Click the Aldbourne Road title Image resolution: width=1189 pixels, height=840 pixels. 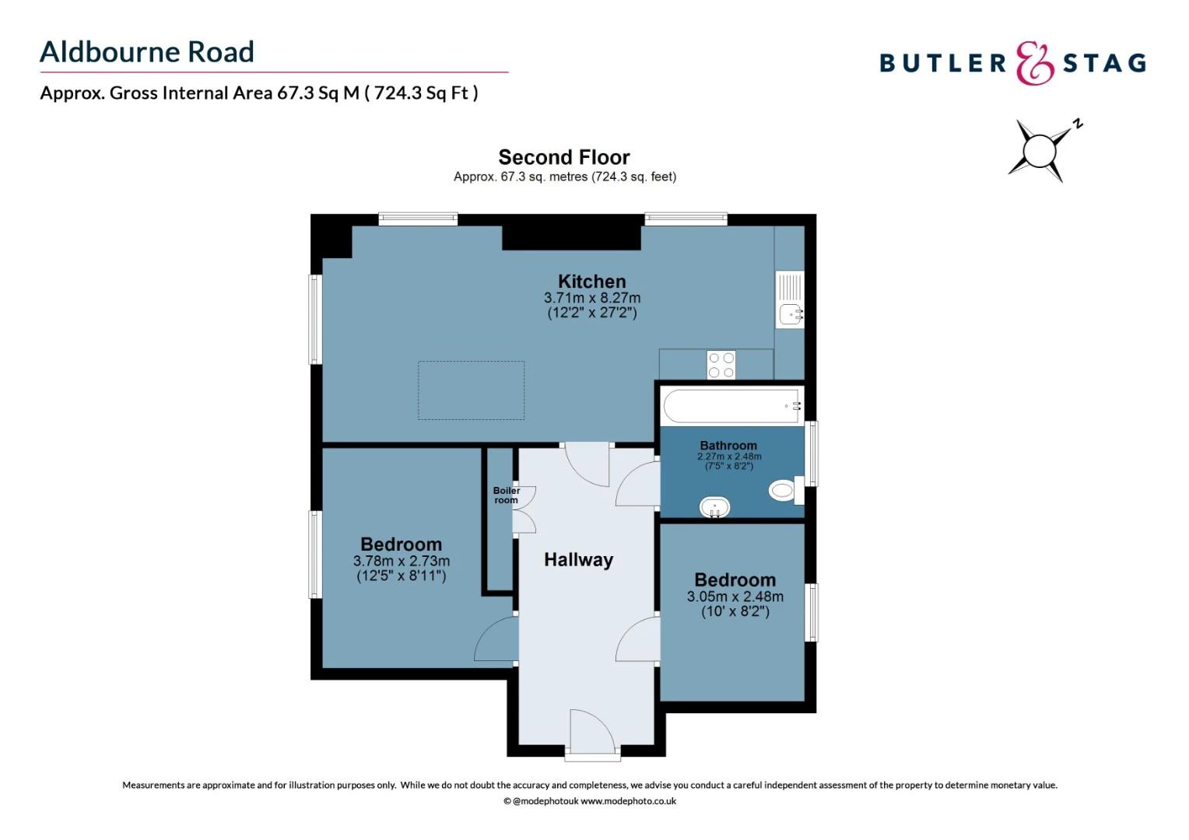tap(147, 52)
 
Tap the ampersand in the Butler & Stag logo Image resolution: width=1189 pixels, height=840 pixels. tap(1034, 64)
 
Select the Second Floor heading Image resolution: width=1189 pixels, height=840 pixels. tap(564, 157)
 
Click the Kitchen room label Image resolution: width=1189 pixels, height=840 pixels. tap(591, 282)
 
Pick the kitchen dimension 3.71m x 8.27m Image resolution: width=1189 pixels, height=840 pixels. tap(591, 298)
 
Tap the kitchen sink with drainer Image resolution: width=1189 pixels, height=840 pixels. tap(790, 300)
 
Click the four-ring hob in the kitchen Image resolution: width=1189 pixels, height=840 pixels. tap(721, 365)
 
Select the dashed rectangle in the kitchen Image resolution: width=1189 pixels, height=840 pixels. tap(471, 390)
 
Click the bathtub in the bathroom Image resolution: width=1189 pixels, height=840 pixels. tap(731, 406)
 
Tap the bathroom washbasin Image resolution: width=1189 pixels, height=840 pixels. tap(714, 507)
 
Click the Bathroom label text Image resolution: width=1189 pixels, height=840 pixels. tap(728, 446)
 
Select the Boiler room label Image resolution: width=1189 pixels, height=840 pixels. tap(506, 495)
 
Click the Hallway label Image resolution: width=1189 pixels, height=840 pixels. tap(578, 560)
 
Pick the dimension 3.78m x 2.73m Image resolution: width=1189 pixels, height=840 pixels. tap(401, 561)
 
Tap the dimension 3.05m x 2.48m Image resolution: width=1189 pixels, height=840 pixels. tap(735, 597)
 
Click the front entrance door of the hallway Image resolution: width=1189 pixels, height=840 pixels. tap(592, 733)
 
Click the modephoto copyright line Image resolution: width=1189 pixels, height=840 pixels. tap(590, 801)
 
